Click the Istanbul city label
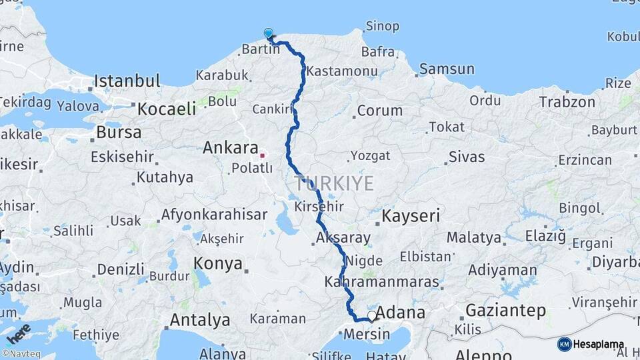click(127, 81)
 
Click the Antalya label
click(200, 320)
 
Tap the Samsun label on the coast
click(447, 69)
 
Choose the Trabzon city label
click(567, 102)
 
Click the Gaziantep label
click(505, 310)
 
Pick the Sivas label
click(466, 157)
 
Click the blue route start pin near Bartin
click(269, 33)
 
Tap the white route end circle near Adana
click(372, 315)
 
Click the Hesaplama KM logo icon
click(565, 344)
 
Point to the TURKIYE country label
click(335, 183)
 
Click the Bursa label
click(119, 132)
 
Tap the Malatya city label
click(473, 237)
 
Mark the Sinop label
click(382, 27)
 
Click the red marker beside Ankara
click(263, 155)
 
